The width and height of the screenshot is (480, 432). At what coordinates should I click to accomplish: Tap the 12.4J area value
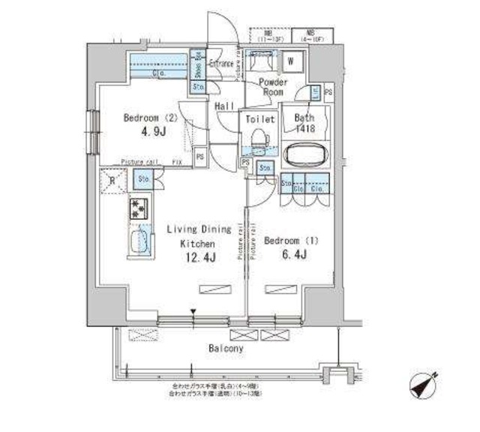(x=198, y=259)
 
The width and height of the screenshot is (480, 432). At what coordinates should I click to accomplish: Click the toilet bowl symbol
(x=259, y=139)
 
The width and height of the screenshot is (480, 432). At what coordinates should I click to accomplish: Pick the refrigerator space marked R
(x=112, y=180)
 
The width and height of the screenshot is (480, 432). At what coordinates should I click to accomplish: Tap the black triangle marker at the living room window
(x=193, y=313)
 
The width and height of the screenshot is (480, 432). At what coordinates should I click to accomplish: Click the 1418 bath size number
(x=304, y=128)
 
